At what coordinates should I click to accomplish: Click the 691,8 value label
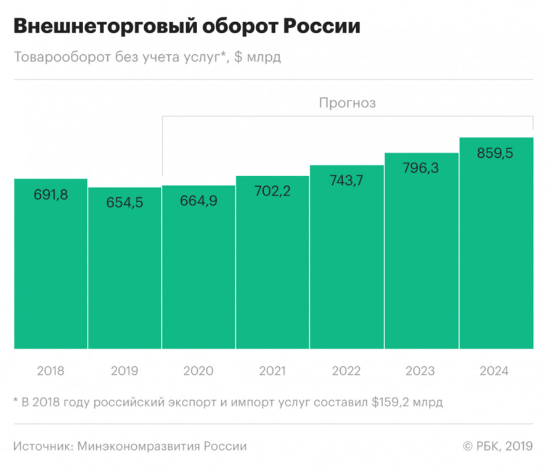[51, 195]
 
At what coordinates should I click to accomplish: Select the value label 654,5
[124, 203]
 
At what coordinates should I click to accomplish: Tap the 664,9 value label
[198, 201]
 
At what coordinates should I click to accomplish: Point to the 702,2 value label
[272, 191]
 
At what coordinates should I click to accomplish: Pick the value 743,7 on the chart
[347, 181]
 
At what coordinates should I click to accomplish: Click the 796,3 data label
[422, 168]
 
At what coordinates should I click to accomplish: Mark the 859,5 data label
[495, 153]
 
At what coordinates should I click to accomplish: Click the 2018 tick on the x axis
[51, 371]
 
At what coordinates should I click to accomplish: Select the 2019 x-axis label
[124, 371]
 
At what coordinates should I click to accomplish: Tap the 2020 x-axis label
[198, 371]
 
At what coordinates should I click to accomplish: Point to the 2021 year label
[272, 371]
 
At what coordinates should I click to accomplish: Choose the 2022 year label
[346, 371]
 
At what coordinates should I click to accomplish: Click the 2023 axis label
[421, 371]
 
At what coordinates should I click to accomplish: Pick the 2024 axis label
[495, 371]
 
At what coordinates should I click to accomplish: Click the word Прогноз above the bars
[347, 103]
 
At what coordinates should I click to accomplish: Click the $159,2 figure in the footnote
[387, 403]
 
